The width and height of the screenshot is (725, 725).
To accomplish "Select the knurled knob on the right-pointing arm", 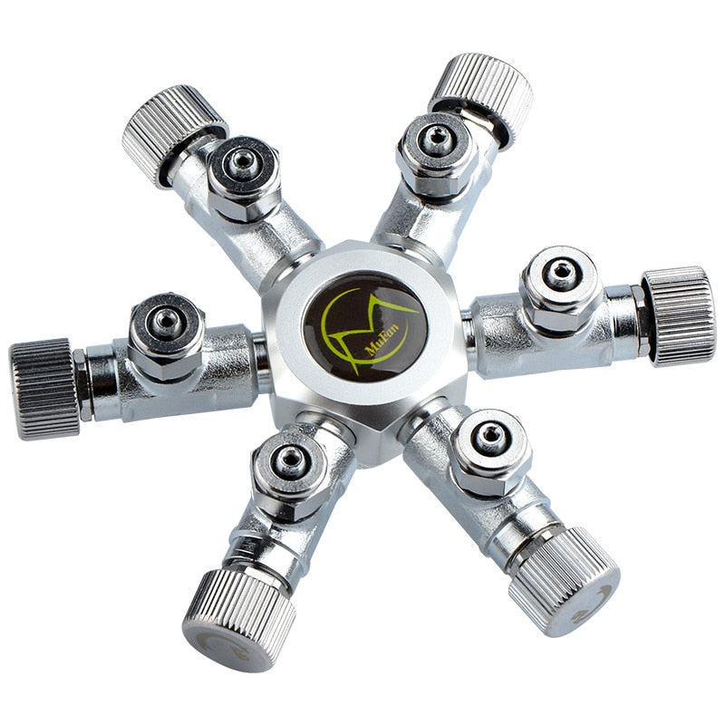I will point(678,315).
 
